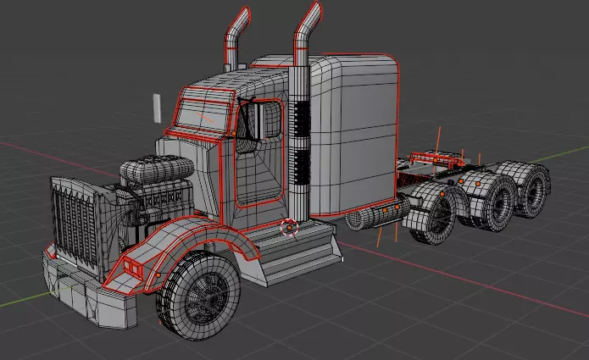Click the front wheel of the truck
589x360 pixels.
(200, 291)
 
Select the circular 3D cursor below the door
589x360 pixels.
(289, 227)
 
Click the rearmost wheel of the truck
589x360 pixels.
(532, 190)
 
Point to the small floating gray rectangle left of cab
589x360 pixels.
(156, 108)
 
